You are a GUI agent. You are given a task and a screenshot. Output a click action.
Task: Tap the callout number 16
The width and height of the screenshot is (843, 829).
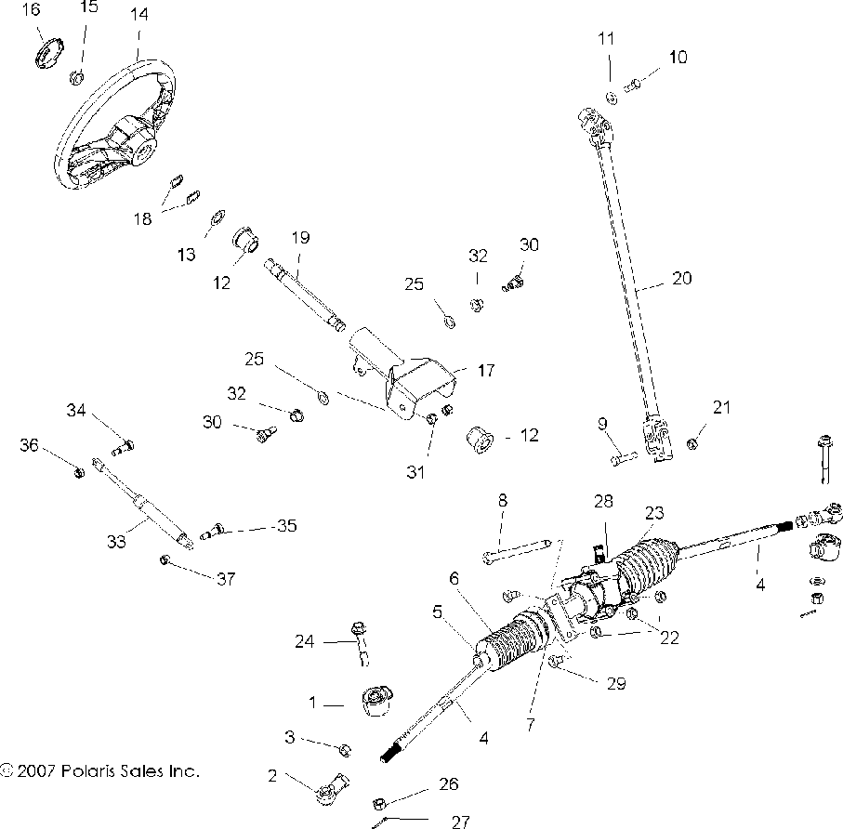[x=31, y=10]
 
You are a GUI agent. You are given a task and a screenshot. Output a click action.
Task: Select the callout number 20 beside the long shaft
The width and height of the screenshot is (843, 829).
[x=681, y=277]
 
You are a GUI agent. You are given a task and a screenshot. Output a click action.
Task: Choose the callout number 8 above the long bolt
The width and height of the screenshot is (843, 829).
[x=503, y=501]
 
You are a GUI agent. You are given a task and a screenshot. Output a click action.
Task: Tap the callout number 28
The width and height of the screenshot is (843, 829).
[x=605, y=501]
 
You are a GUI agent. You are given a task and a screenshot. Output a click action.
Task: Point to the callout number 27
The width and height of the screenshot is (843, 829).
[x=459, y=821]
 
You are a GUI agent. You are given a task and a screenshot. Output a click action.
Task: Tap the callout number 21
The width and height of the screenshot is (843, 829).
[x=722, y=407]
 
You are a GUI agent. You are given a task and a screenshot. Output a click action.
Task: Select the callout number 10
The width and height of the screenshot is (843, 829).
[x=678, y=58]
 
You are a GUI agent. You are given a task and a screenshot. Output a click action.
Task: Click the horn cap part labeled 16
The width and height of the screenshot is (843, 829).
[x=47, y=52]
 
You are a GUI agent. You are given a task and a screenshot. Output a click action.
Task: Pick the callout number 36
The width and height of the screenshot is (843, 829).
[x=30, y=445]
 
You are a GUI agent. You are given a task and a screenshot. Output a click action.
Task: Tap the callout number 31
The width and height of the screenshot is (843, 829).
[x=415, y=472]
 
